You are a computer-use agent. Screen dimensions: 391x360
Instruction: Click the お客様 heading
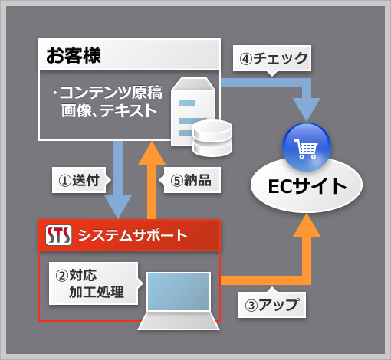click(x=74, y=55)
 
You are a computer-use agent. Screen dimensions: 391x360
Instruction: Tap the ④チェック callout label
click(x=272, y=58)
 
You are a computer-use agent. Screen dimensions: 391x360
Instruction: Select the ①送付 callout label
click(x=79, y=180)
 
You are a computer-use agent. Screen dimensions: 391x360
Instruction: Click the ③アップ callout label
click(x=272, y=305)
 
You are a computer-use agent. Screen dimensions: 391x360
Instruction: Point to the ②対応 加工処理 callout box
click(x=94, y=283)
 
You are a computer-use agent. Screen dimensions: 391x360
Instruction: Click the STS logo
click(x=58, y=235)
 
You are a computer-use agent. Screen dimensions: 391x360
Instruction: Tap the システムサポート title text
click(x=133, y=235)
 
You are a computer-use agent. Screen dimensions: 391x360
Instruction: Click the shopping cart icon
click(x=306, y=149)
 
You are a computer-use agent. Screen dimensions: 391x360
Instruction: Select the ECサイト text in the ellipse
click(x=307, y=186)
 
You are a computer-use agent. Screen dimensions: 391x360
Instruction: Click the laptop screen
click(x=179, y=292)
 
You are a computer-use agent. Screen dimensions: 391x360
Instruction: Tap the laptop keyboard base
click(x=179, y=321)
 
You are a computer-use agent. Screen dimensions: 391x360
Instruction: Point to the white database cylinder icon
click(x=212, y=138)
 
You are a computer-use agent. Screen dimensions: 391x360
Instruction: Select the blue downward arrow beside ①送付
click(x=118, y=179)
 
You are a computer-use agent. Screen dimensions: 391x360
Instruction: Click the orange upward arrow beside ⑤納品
click(x=152, y=180)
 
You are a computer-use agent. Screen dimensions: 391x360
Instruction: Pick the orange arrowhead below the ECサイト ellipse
click(x=307, y=225)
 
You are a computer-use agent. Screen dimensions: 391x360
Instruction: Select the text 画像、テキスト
click(x=109, y=110)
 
